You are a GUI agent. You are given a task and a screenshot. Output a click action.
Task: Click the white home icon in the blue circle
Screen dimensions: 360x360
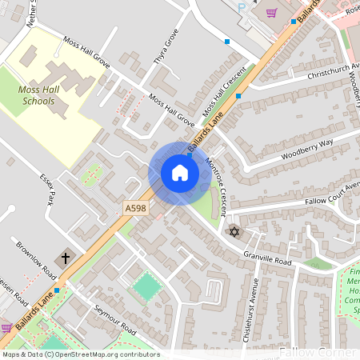pyautogui.click(x=180, y=173)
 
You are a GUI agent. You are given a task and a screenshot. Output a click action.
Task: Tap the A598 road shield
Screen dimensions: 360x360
pyautogui.click(x=135, y=208)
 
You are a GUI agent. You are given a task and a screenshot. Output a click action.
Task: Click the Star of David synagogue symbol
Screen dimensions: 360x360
pyautogui.click(x=234, y=231)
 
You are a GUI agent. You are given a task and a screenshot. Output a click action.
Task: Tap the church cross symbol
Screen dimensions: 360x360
pyautogui.click(x=65, y=258)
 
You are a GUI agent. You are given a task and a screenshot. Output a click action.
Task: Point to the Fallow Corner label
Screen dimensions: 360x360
pyautogui.click(x=318, y=352)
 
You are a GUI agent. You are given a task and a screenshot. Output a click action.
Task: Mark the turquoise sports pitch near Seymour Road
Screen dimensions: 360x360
pyautogui.click(x=146, y=287)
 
